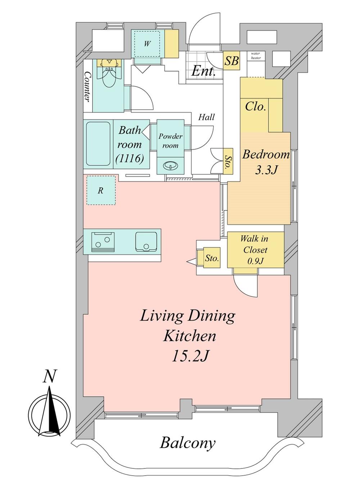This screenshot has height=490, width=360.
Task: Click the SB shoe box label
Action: [x=231, y=60]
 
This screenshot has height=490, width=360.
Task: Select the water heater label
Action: [x=256, y=55]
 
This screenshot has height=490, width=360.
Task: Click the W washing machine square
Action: [x=147, y=44]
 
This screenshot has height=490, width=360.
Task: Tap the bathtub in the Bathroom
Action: [x=98, y=144]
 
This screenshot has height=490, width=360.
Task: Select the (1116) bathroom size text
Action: [x=130, y=158]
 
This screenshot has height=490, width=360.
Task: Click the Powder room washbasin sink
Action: [x=171, y=165]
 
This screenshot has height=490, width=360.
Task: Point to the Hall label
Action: [x=206, y=118]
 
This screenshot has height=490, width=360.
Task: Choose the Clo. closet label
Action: [x=255, y=106]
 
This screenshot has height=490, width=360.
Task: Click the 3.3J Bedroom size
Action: [x=266, y=170]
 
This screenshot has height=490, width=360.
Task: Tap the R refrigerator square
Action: [x=101, y=190]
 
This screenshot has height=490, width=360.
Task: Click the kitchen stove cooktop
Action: [x=103, y=242]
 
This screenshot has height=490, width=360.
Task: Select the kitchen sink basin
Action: [x=145, y=241]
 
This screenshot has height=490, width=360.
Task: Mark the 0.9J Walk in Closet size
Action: [x=255, y=261]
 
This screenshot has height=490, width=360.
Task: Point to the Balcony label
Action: [x=188, y=437]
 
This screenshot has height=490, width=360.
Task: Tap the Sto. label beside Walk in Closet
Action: [x=212, y=258]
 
